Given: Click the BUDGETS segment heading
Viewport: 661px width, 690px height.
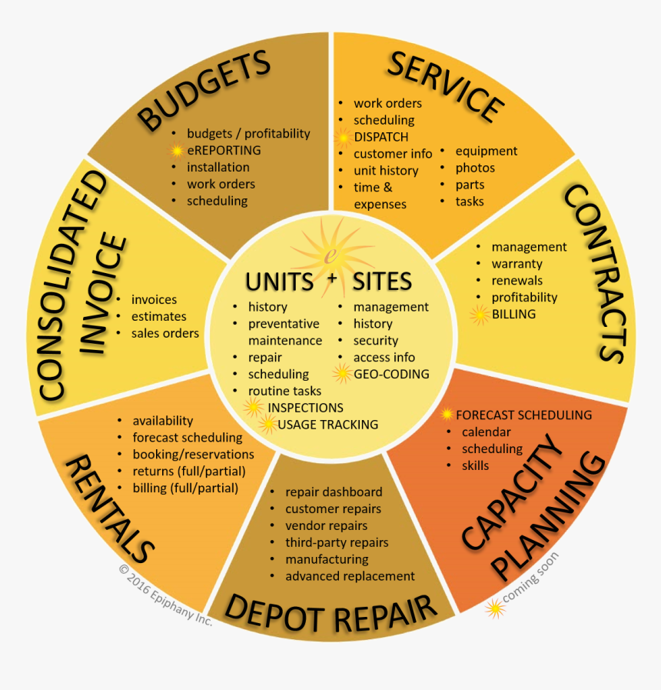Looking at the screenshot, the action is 203,89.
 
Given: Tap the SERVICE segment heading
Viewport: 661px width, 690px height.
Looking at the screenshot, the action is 445,86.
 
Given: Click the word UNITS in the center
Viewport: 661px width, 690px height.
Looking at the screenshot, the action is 279,282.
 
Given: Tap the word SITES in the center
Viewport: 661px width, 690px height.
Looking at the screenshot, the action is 382,282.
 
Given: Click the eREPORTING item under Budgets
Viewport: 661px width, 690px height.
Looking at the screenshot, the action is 224,150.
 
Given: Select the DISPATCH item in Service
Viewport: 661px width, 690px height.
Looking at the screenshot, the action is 381,137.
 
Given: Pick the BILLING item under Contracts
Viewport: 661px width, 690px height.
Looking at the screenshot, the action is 513,314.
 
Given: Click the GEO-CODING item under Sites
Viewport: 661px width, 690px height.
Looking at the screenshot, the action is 391,374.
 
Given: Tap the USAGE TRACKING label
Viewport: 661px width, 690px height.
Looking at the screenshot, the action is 328,425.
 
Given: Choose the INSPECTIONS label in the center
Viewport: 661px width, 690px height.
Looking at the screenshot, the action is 306,408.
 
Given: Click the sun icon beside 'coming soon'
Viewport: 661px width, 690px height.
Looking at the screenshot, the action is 495,608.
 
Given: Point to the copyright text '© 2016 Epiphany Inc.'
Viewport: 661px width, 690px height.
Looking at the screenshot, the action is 166,595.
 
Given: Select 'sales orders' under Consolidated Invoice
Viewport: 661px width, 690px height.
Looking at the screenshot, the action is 165,333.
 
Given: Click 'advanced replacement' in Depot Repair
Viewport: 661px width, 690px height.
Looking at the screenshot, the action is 350,576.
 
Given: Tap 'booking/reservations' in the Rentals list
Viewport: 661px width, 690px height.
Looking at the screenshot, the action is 194,454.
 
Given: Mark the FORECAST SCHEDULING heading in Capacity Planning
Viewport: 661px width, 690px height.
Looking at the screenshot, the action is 523,415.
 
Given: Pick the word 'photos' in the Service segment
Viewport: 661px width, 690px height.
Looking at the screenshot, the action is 475,168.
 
